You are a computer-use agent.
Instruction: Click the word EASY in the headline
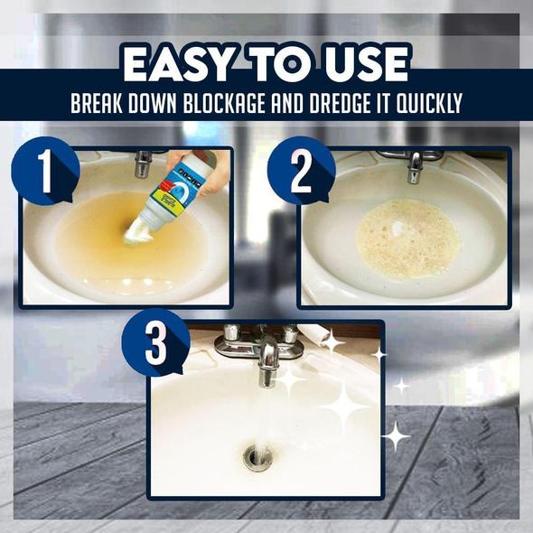click(x=177, y=64)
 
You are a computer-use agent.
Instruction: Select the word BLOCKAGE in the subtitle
click(x=224, y=103)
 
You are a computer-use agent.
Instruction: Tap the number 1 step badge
click(x=45, y=171)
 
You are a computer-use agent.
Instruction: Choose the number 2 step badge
click(x=302, y=171)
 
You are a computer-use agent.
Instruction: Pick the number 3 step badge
click(x=156, y=343)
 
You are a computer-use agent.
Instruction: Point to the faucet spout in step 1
click(x=143, y=164)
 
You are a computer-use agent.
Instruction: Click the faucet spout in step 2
click(x=415, y=168)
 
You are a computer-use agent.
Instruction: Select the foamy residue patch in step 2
click(x=409, y=238)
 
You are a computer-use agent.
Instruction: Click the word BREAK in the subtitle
click(x=97, y=103)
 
